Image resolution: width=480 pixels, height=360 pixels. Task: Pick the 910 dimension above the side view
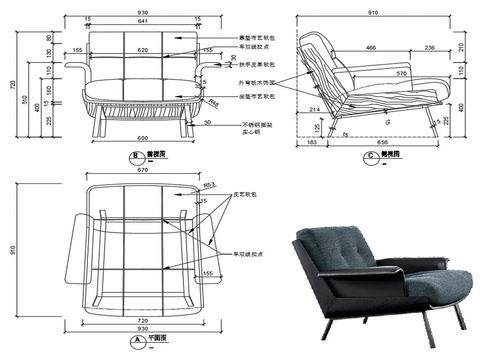[372, 11]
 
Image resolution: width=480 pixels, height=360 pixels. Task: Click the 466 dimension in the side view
[369, 46]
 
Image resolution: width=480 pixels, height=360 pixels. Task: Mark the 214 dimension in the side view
[315, 107]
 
